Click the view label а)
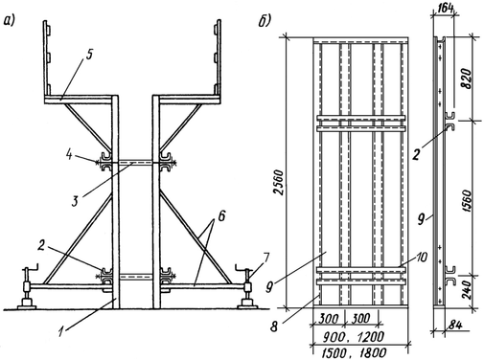(x=10, y=22)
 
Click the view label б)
(x=264, y=21)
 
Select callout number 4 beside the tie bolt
(x=69, y=156)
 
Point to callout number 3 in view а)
(x=75, y=201)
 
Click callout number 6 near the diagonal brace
(x=221, y=216)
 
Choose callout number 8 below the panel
(x=274, y=326)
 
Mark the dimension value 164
(x=444, y=9)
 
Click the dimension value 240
(x=467, y=290)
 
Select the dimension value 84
(x=454, y=326)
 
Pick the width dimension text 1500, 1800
(x=354, y=353)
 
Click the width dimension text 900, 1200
(x=352, y=336)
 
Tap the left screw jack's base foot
(x=26, y=304)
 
